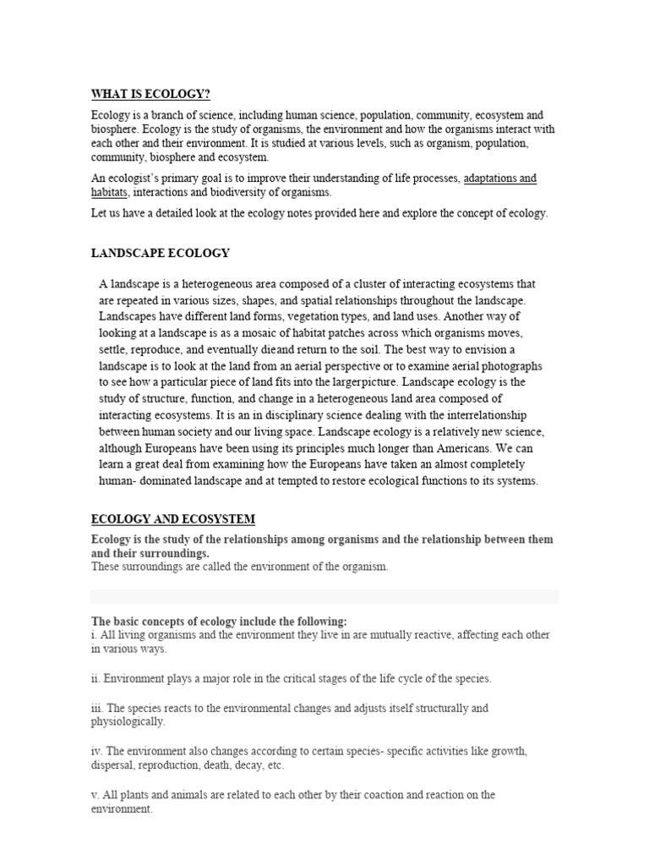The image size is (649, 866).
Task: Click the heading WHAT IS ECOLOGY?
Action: [150, 94]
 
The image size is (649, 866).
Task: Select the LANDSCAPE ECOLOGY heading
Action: [160, 253]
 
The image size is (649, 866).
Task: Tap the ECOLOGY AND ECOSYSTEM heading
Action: [172, 518]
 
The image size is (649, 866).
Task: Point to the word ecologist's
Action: [139, 178]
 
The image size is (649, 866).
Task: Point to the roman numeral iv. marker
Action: [96, 750]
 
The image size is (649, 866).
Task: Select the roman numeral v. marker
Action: [95, 795]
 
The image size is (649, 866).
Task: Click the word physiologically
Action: [128, 721]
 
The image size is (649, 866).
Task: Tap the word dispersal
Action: [112, 765]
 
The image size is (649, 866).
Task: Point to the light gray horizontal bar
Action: [324, 596]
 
